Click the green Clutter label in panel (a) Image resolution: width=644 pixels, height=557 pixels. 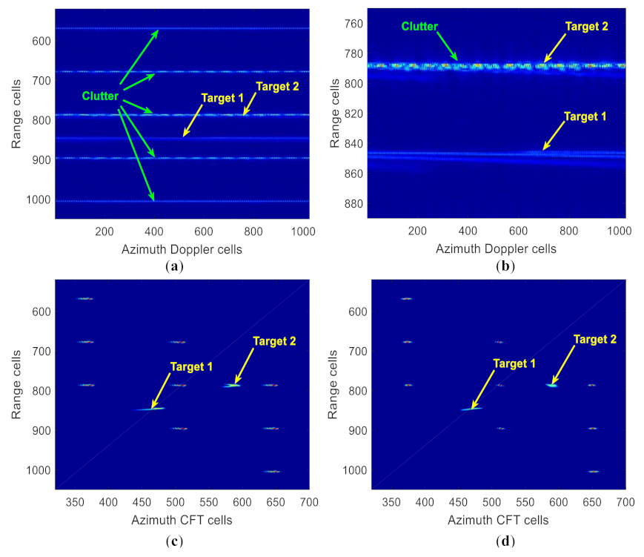(x=100, y=96)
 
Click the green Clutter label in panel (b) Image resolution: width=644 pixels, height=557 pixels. (x=420, y=27)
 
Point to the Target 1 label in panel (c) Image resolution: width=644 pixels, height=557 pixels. (x=191, y=366)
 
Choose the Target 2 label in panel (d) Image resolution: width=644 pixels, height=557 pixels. (x=595, y=339)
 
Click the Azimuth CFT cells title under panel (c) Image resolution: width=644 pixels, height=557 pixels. (x=182, y=520)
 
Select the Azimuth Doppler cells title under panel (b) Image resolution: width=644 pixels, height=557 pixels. (x=496, y=248)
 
